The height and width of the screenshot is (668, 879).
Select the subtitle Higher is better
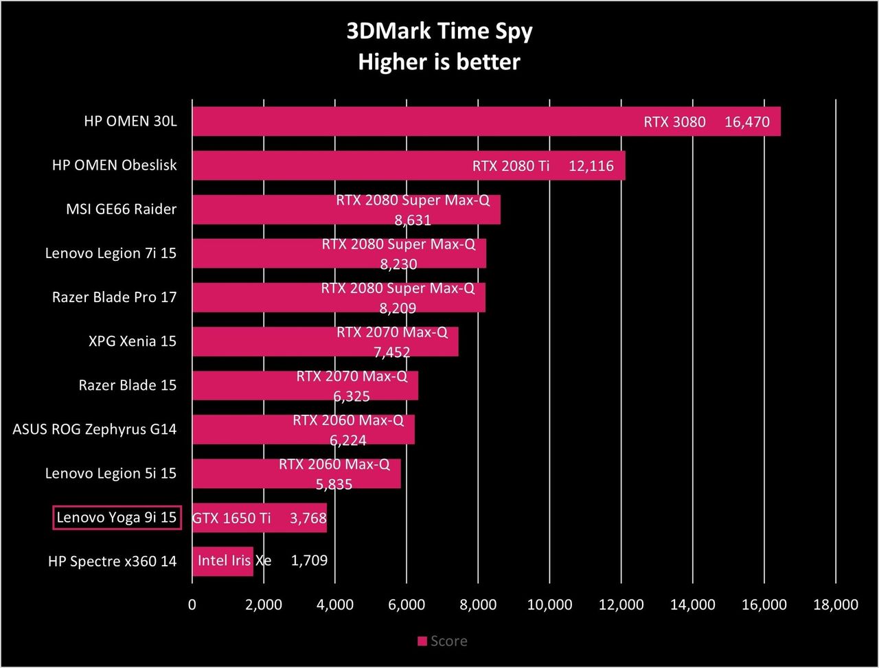pos(439,62)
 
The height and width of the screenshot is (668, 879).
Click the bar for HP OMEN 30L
pos(486,122)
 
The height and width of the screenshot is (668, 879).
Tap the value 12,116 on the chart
pos(591,165)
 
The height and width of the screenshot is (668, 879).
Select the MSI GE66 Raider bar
pos(346,209)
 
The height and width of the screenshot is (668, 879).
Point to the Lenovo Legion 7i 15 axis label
pos(111,253)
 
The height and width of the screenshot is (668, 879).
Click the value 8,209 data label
pos(398,308)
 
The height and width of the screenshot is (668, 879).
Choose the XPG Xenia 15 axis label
pos(132,341)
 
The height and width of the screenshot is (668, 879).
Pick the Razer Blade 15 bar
pos(305,385)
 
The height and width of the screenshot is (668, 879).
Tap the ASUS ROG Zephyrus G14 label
pos(95,430)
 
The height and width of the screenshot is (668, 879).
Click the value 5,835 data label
pos(334,484)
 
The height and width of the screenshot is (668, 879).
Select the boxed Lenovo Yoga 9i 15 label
pos(117,518)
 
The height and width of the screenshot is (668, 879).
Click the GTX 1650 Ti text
pos(231,518)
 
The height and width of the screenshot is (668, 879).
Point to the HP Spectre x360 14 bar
pos(222,562)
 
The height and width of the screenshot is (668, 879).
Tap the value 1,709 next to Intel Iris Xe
pos(309,560)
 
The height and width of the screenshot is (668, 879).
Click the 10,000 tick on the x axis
pos(549,604)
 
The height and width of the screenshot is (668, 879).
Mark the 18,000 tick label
pos(836,604)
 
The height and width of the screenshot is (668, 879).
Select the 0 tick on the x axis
pos(192,604)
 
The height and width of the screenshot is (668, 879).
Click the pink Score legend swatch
pos(422,641)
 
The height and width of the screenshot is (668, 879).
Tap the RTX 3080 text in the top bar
pos(674,122)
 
